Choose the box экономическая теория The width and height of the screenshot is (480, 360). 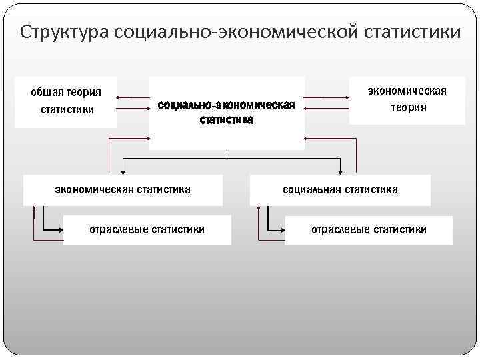pos(407,99)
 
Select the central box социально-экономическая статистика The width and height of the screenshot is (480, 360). pos(227,112)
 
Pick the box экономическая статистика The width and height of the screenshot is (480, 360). pos(122,190)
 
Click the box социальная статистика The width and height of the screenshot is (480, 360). pos(340,190)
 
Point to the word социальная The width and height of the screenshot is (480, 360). pos(311,190)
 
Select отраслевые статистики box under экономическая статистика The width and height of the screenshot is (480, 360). pos(147,230)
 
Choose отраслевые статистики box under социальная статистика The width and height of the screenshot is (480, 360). pos(369,230)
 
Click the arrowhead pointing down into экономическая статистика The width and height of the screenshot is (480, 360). pos(122,171)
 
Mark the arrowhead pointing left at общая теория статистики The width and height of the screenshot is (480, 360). pos(119,97)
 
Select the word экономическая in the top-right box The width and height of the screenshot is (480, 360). pos(407,91)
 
